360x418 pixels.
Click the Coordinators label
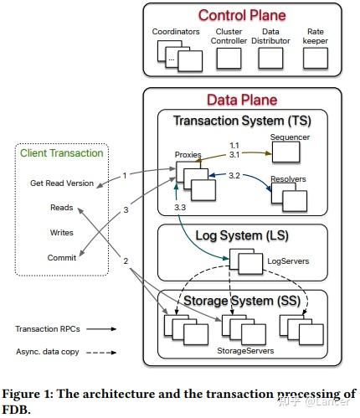(176, 32)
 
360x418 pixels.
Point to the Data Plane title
(243, 100)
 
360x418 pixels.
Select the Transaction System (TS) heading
(243, 121)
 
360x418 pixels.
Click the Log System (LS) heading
(243, 238)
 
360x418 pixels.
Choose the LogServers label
(287, 261)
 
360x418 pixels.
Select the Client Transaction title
(60, 153)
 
